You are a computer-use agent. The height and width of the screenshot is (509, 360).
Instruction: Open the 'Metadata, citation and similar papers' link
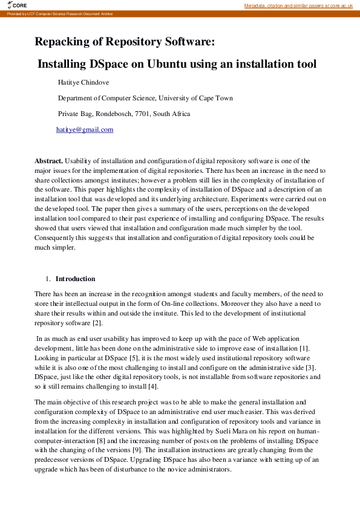point(298,5)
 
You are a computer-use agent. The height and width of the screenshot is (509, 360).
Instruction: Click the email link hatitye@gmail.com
point(85,129)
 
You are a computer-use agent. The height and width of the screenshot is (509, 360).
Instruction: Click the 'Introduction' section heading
point(75,279)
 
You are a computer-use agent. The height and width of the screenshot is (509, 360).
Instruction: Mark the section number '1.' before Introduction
point(48,279)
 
